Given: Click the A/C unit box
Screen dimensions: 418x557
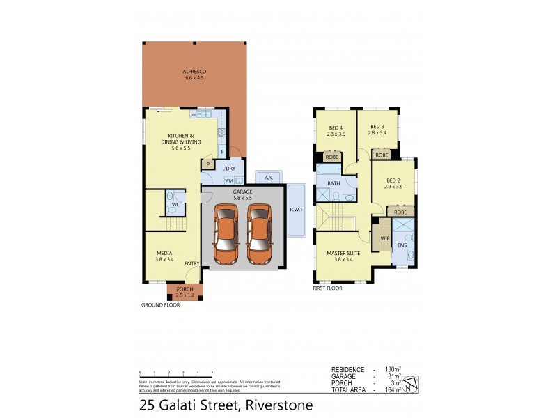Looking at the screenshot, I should coord(267,177).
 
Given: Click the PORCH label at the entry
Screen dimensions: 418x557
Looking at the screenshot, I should coord(185,289).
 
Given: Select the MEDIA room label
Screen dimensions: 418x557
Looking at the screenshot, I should coord(164,253).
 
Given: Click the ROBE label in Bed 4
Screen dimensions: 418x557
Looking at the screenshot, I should coord(332,157).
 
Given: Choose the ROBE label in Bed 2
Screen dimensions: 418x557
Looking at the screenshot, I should coord(400,212).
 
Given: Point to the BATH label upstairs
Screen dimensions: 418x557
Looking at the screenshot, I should coord(334,183).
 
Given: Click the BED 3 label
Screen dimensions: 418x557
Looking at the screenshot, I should coord(377,127).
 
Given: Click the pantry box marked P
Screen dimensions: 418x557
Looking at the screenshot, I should coord(207,164).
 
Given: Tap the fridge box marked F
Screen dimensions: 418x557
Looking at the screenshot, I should coord(222,152).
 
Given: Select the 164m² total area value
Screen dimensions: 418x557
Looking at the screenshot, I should coord(391,390).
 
